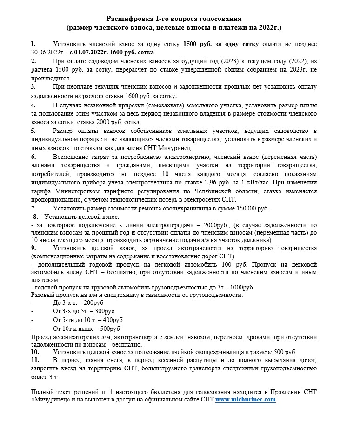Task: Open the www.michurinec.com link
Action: [246, 399]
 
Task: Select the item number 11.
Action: [34, 360]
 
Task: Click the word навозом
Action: [210, 337]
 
